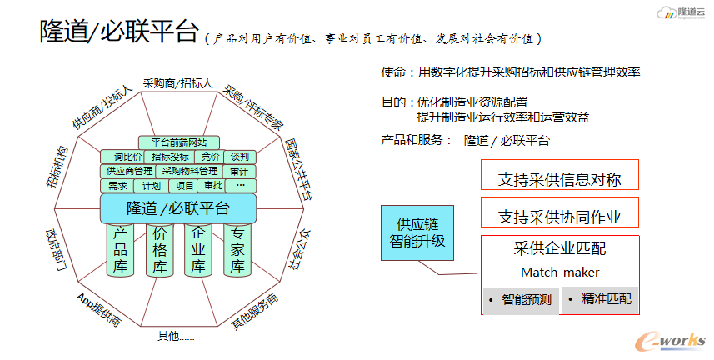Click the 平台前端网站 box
coord(179,142)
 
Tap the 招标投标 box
coord(171,157)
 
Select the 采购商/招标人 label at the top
coord(178,84)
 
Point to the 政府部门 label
coord(60,250)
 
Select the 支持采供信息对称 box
coord(559,178)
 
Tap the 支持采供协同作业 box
coord(559,217)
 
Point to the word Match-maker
coord(559,272)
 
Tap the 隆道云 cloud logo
coord(681,13)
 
